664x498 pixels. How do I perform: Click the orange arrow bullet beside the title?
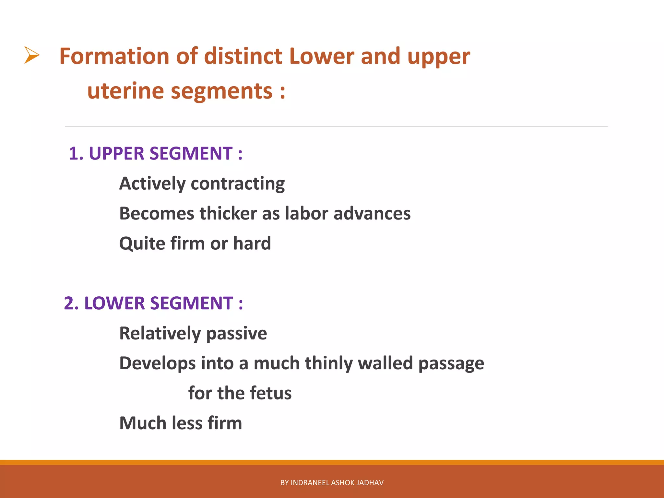32,55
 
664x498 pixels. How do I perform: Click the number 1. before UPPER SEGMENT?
76,153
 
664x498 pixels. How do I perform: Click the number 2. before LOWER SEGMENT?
71,303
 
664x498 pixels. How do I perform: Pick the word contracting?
238,184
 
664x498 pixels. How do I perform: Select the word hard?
252,243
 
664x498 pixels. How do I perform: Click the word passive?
236,334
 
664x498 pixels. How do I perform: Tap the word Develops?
157,363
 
